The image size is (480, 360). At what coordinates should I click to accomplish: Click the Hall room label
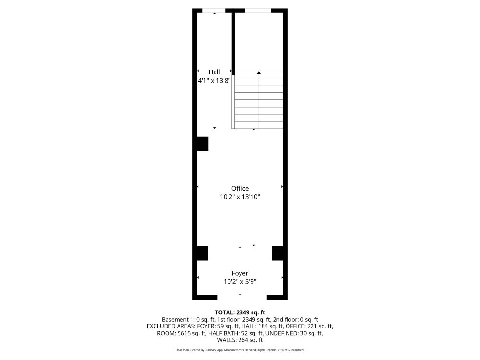tap(214, 72)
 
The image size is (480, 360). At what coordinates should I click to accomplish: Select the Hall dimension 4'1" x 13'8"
tap(214, 81)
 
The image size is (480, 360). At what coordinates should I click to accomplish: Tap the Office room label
tap(240, 188)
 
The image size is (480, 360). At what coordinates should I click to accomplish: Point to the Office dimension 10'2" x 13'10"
tap(240, 197)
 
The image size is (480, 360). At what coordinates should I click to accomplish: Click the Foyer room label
tap(240, 273)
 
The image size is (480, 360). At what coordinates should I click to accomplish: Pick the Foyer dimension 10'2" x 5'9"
tap(240, 282)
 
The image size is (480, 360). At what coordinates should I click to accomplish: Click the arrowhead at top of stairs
tap(259, 72)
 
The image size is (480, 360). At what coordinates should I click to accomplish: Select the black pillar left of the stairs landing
tap(203, 144)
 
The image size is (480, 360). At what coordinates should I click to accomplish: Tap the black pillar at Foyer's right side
tap(277, 253)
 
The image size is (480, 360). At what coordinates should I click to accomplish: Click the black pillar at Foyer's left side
tap(203, 253)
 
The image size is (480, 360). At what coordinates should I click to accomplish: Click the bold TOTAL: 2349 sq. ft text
tap(240, 312)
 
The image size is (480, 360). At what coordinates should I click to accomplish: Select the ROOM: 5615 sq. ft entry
tap(181, 333)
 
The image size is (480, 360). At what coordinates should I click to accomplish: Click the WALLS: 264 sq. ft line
tap(240, 340)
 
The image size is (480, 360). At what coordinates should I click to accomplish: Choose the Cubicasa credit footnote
tap(240, 350)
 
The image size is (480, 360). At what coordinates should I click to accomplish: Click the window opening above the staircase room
tap(258, 11)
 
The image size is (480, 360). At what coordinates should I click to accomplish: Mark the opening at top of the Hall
tap(214, 11)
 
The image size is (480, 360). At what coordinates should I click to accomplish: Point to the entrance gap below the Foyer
tap(242, 297)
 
